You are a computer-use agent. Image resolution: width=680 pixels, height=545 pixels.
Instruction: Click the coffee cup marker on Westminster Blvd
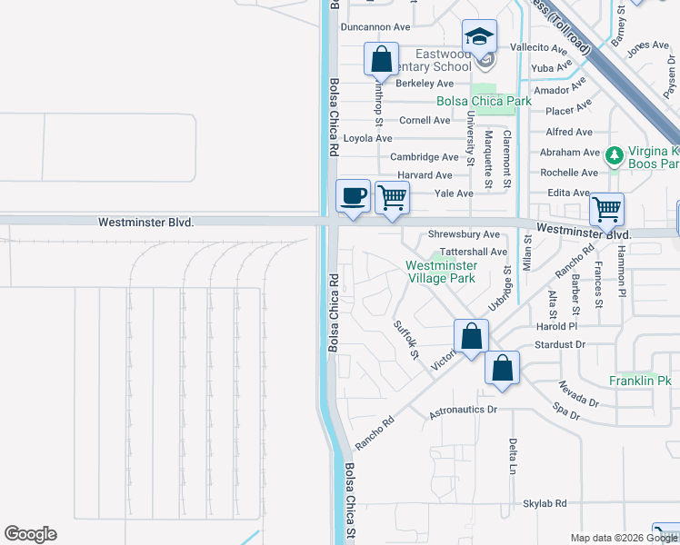(x=353, y=196)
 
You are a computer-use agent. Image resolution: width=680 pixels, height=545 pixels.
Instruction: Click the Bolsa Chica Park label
(x=484, y=102)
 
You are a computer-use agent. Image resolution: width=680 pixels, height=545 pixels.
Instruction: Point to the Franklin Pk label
(x=640, y=381)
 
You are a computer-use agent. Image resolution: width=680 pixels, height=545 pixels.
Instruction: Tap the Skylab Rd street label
(x=545, y=503)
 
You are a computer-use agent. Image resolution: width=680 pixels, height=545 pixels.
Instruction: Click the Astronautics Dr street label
(x=464, y=411)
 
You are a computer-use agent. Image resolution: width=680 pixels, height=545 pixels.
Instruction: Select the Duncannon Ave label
(x=375, y=27)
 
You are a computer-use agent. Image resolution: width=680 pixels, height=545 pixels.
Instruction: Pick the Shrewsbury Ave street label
(x=465, y=234)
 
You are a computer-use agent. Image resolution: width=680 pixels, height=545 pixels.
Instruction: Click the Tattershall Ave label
(x=473, y=252)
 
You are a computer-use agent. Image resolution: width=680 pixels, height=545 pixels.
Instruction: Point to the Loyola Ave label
(x=367, y=138)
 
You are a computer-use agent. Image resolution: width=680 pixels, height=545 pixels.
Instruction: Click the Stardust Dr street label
(x=560, y=345)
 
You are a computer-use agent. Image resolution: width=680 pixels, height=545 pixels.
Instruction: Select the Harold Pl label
(x=557, y=326)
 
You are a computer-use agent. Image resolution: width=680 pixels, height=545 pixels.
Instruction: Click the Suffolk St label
(x=405, y=339)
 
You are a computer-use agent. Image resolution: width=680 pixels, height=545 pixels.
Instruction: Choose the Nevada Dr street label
(x=579, y=393)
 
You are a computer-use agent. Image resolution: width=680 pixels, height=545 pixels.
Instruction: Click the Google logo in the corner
(x=30, y=534)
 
